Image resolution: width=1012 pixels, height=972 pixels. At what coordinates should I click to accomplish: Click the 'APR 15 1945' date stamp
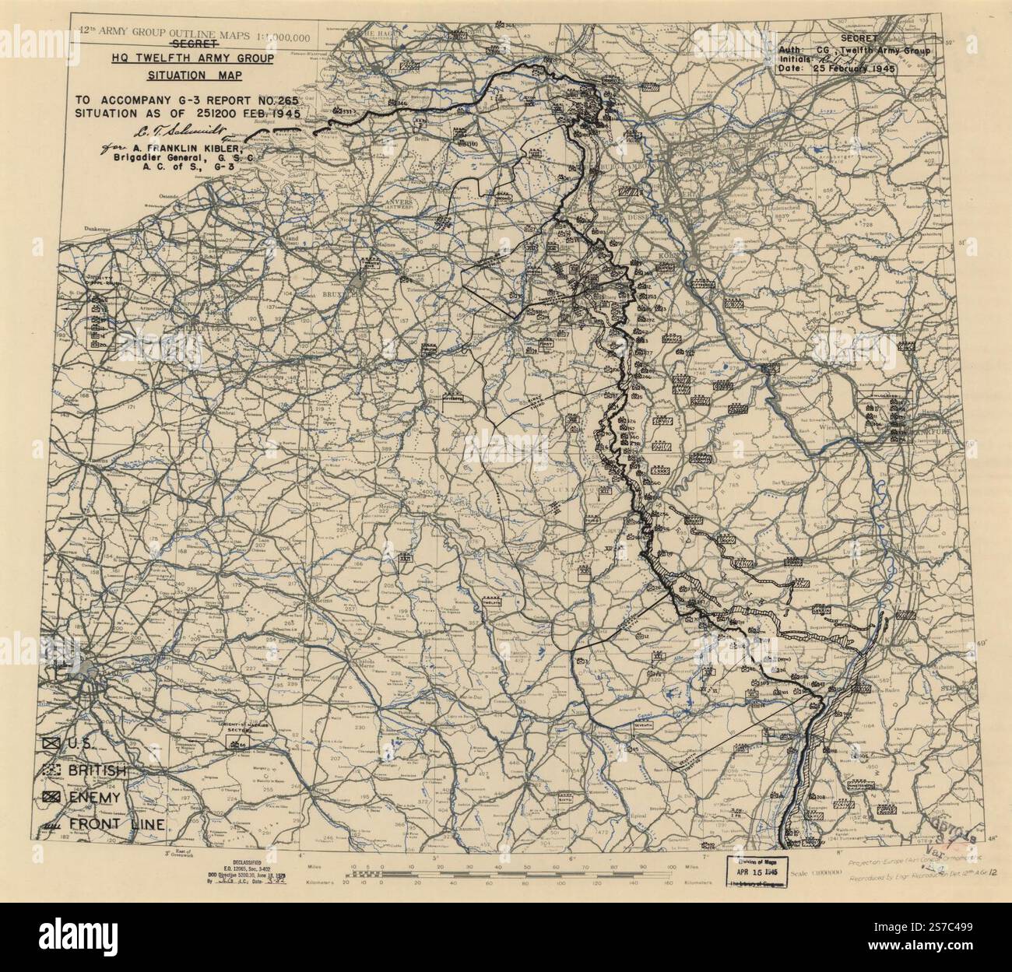coord(758,872)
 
